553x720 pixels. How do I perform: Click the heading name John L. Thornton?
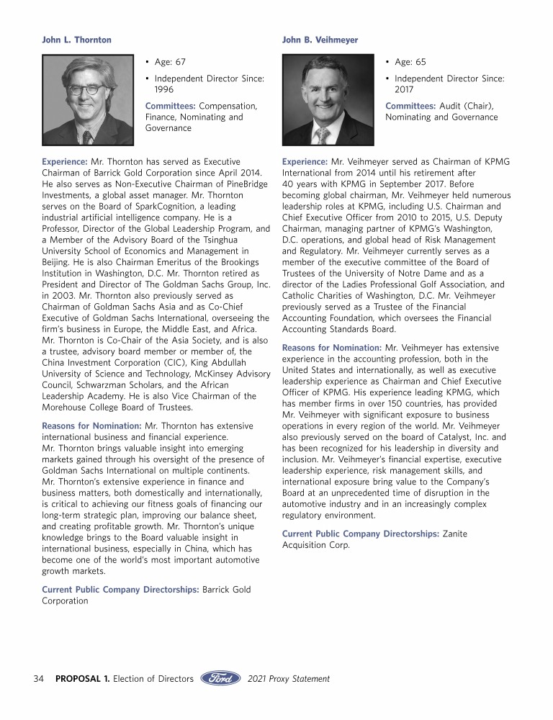(77, 40)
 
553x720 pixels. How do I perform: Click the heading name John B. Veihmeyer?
(320, 40)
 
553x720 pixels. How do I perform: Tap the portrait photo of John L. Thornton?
(88, 100)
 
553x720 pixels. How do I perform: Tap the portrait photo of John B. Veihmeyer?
(328, 100)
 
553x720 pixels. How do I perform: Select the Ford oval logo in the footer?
(220, 678)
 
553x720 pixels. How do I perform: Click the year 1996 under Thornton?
(166, 89)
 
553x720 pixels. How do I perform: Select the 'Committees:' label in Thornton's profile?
(171, 105)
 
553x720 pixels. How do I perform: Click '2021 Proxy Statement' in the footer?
(288, 678)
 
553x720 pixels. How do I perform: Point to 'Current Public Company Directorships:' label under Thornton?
(120, 589)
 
